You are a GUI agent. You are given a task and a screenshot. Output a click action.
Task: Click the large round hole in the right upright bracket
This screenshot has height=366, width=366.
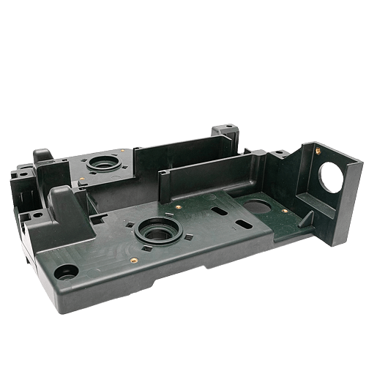click(330, 176)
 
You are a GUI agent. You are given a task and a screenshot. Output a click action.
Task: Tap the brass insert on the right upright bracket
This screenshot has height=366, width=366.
click(317, 151)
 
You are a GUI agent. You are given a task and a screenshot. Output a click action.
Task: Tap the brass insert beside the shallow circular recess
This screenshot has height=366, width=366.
click(284, 211)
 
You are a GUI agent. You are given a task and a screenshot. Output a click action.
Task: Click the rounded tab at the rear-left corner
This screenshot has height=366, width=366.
click(41, 155)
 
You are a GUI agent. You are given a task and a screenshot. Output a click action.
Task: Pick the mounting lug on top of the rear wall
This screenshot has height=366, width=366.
click(227, 133)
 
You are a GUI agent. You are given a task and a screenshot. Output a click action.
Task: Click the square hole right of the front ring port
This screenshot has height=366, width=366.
click(189, 237)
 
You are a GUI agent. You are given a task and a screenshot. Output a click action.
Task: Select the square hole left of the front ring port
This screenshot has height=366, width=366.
click(129, 223)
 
